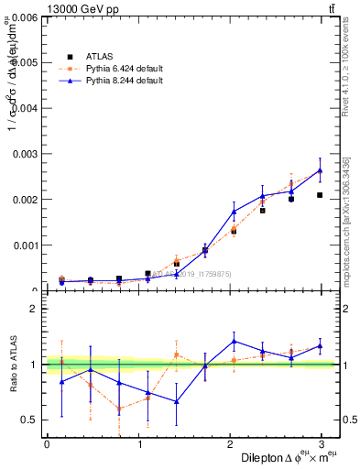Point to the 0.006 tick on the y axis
(24, 17)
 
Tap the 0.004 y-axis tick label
(24, 108)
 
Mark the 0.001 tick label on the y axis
(24, 245)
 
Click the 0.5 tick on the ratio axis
(29, 420)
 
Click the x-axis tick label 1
(140, 444)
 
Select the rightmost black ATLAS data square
(320, 195)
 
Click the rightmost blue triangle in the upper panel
(320, 170)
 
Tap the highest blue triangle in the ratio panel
(234, 341)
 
